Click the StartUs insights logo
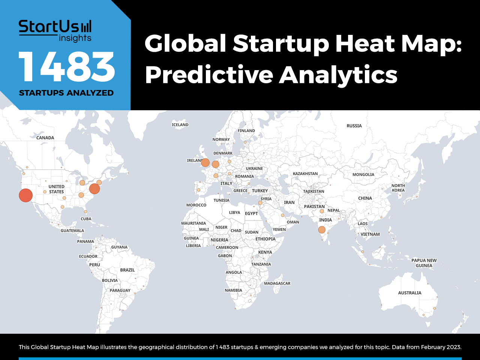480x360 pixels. [55, 31]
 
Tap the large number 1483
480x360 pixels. [66, 67]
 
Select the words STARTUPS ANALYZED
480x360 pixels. [66, 93]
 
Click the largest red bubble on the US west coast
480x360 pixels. [25, 195]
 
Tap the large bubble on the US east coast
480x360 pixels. [94, 189]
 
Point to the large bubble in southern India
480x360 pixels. [322, 230]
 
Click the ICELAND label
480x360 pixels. [180, 124]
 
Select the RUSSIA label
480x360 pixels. [354, 126]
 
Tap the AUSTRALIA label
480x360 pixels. [409, 292]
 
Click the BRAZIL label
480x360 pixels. [127, 270]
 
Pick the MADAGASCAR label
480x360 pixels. [277, 283]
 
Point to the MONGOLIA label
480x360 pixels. [363, 174]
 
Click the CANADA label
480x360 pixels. [45, 138]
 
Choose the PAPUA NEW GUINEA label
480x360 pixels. [424, 263]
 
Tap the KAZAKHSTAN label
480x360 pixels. [305, 174]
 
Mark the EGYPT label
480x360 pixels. [251, 213]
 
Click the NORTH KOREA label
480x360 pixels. [398, 188]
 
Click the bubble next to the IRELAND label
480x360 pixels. [205, 163]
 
